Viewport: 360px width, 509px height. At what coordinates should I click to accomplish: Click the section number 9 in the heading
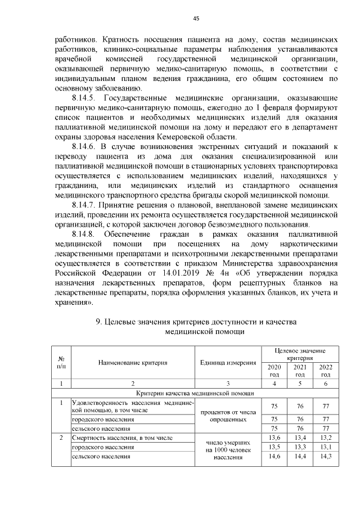tap(98, 322)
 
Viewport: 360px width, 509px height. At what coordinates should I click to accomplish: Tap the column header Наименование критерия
tap(133, 362)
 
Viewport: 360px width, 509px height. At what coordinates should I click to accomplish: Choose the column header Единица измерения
tap(228, 362)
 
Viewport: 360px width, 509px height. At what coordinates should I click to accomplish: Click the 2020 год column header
tap(274, 371)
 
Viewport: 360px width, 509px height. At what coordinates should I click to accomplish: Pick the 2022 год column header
tap(325, 371)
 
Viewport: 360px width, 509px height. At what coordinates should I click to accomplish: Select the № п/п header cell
tap(61, 362)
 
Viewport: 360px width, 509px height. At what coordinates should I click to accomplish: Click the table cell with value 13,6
tap(274, 438)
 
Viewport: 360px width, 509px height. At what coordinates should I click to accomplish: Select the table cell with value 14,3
tap(325, 456)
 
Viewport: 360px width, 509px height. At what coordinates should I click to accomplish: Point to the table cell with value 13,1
tap(325, 447)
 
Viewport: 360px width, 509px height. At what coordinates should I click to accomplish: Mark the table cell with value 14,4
tap(300, 456)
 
